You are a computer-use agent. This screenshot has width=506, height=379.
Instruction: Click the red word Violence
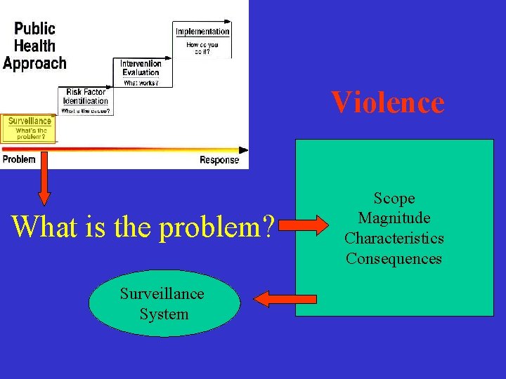pos(387,102)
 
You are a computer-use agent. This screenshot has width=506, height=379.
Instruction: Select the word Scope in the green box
pos(394,199)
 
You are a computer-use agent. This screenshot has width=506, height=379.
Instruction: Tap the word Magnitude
pos(394,218)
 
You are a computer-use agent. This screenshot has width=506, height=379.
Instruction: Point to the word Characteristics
pos(394,239)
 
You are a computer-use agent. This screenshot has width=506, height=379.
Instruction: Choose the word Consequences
pos(394,258)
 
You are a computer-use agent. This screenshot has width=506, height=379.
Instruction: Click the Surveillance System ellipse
pos(164,304)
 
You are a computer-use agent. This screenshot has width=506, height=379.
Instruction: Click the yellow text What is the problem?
pos(143,226)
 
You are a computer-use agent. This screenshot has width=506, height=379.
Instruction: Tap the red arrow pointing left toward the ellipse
pos(275,300)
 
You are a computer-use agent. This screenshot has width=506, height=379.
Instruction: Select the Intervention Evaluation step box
pos(141,72)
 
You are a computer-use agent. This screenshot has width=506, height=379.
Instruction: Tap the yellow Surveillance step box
pos(28,128)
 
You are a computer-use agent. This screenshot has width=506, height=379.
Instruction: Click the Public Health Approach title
pos(35,46)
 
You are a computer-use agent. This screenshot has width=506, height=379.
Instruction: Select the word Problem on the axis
pos(19,160)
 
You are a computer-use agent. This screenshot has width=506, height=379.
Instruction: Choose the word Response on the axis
pos(219,160)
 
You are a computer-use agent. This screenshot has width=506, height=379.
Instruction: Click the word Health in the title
pos(35,46)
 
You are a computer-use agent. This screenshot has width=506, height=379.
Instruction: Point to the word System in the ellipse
pos(164,314)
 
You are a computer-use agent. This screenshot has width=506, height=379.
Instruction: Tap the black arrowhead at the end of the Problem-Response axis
pos(243,149)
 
